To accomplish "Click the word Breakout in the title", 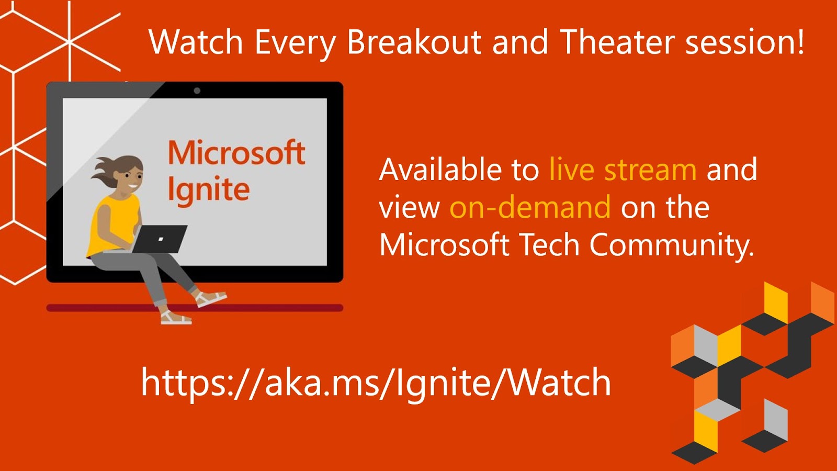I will [414, 42].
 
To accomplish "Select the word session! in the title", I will [745, 42].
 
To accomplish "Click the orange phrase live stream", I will [623, 170].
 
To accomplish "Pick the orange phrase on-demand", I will [530, 207].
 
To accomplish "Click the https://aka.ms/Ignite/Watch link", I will [376, 383].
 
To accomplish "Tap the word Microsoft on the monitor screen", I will [236, 153].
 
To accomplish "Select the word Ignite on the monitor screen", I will [208, 189].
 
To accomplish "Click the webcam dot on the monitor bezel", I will [197, 91].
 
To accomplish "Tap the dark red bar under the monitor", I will [262, 308].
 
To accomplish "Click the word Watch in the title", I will [196, 42].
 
